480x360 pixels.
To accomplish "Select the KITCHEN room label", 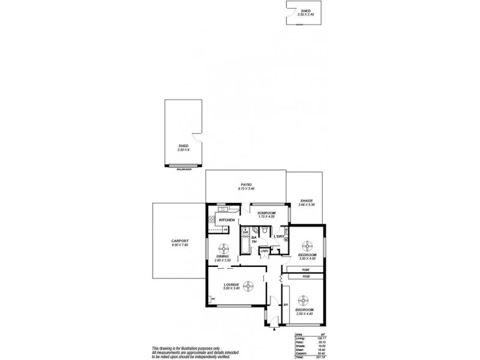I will [226, 220].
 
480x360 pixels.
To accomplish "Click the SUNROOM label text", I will [266, 213].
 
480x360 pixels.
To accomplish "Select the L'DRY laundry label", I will [279, 236].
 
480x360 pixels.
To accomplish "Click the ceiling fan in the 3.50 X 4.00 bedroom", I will [307, 245].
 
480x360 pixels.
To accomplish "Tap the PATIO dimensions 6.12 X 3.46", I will [246, 189].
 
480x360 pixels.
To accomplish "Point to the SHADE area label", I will [306, 201].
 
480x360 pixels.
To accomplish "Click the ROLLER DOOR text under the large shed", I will [184, 170].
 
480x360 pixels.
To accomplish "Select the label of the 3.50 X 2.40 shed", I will [305, 11].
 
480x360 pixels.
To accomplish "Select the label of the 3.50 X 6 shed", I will [184, 146].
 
